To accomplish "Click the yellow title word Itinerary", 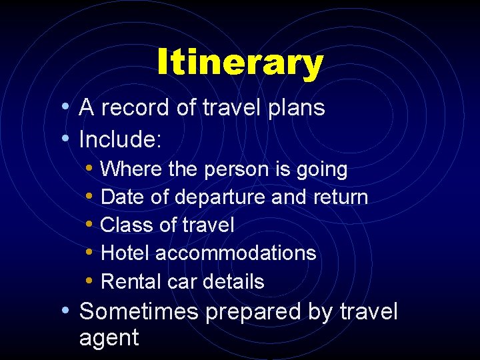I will pos(240,64).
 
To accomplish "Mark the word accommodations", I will pos(236,253).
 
